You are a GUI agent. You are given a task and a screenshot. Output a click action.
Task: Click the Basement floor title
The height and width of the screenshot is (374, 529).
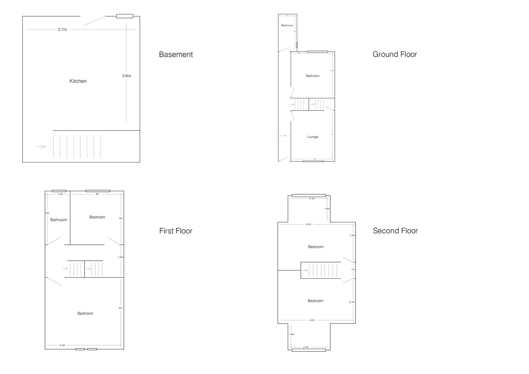pos(176,54)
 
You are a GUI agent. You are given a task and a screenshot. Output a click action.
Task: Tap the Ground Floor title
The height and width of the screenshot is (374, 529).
pos(395,54)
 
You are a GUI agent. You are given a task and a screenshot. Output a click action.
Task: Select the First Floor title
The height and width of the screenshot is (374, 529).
pos(176,231)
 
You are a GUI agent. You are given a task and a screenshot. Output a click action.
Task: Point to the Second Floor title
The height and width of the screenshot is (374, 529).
pos(395,231)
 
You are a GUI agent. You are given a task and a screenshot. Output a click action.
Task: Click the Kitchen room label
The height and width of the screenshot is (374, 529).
pos(78,81)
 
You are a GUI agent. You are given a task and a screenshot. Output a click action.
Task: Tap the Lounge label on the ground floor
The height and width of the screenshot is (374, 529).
pos(313,137)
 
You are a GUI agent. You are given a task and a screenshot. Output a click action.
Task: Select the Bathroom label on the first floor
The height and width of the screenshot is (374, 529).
pos(59,220)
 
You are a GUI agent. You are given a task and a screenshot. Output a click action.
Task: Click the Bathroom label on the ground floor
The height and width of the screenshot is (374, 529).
pos(287,25)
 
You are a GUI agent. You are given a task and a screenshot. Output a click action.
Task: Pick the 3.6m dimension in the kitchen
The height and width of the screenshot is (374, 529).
pos(126,76)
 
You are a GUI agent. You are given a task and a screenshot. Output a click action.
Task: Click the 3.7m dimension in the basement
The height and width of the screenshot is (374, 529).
pos(62,30)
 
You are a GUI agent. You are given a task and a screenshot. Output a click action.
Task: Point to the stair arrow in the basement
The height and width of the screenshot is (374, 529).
pos(41,146)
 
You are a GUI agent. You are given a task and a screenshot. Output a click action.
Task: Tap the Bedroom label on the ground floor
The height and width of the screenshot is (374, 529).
pos(313,76)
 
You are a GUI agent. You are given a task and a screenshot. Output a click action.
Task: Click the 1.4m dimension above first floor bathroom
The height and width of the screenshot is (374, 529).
pos(60,194)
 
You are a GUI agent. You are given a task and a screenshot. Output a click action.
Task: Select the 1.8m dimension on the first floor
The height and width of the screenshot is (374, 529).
pos(121,257)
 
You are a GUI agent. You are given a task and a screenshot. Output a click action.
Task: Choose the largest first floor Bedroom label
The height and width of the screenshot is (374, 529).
pos(85,313)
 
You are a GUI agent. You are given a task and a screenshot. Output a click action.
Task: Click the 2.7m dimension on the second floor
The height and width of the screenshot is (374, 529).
pos(352,302)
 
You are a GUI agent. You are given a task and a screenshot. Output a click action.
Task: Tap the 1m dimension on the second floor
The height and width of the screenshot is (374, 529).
pos(353,269)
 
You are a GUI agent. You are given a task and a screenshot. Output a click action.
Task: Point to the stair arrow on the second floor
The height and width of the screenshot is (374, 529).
pos(305,270)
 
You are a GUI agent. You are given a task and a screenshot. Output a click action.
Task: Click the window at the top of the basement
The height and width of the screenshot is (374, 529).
pos(125,16)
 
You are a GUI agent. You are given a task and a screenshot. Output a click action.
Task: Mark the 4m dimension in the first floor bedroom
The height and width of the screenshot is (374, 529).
pos(120,308)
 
